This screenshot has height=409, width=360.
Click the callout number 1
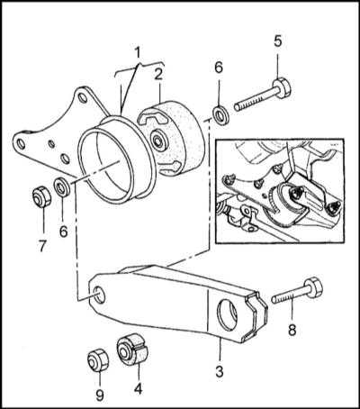coord(138,53)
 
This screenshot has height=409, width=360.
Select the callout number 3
coord(220,371)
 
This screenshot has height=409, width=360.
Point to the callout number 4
coord(138,389)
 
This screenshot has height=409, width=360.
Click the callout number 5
coord(278,41)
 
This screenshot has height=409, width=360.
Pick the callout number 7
coord(42,246)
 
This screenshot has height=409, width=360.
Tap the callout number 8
coord(292,330)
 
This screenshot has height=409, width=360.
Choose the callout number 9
coord(100,395)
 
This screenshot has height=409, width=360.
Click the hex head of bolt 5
coord(282,87)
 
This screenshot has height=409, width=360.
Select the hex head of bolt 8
coord(314,287)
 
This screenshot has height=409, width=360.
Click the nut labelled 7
coord(41,196)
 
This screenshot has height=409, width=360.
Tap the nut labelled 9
coord(98,359)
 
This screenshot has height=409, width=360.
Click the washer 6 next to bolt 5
coord(220,114)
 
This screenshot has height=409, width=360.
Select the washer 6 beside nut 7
coord(62,187)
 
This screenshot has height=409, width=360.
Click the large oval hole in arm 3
coord(227,314)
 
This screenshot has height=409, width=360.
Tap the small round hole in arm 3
coord(100,294)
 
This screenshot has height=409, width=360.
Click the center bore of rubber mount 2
coord(157,140)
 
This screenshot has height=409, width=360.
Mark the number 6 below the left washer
coord(63,231)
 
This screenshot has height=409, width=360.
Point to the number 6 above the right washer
coord(219,68)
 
